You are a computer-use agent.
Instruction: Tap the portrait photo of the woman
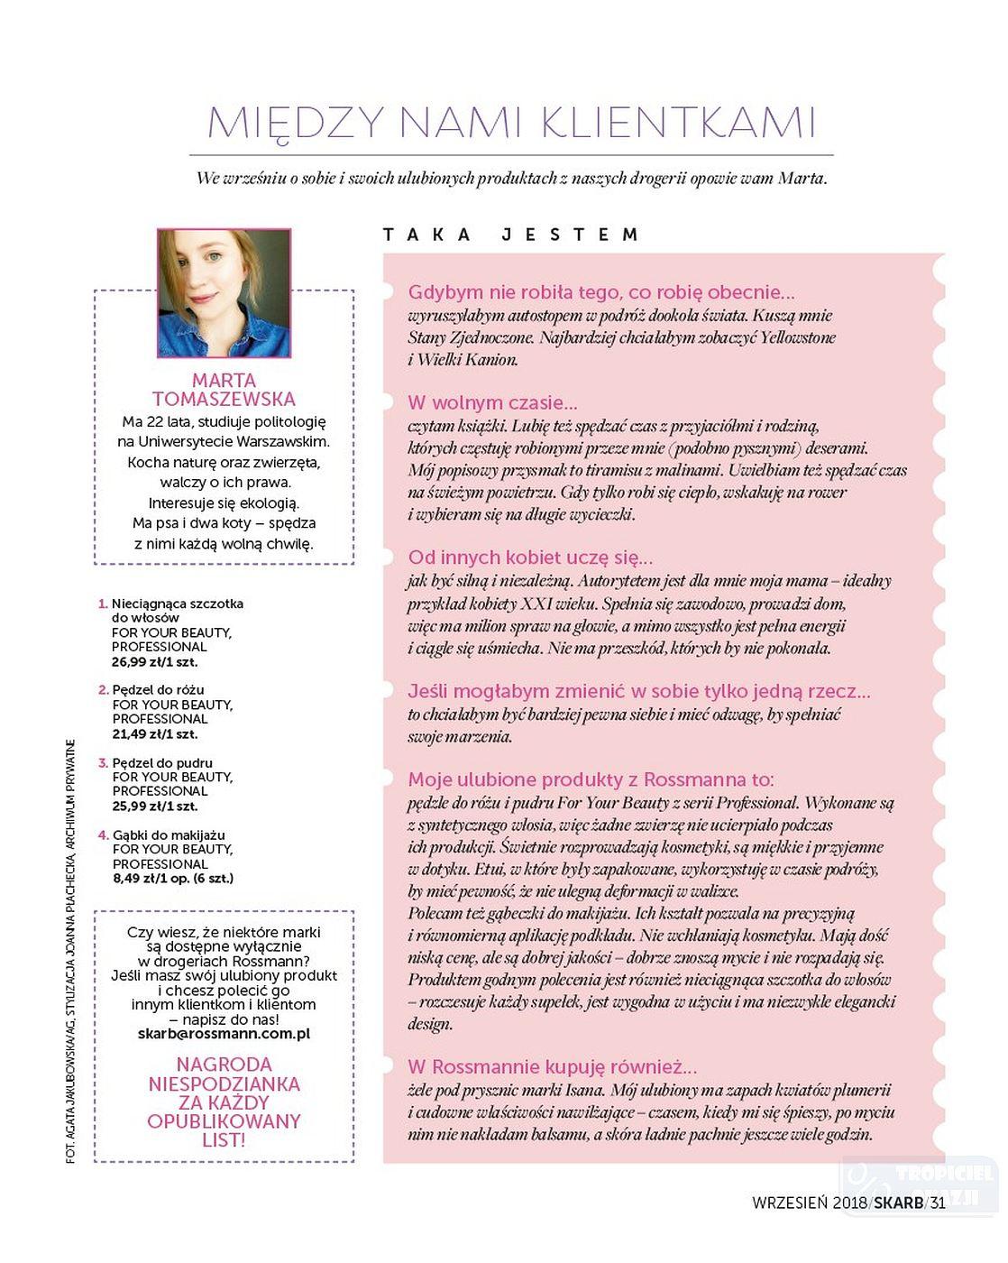point(225,293)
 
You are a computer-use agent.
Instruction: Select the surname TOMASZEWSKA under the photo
point(224,400)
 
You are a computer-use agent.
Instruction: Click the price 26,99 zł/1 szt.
point(154,662)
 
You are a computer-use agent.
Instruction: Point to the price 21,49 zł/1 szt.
point(154,734)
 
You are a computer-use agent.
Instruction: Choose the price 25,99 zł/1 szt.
point(154,807)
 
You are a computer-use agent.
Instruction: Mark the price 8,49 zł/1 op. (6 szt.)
point(172,878)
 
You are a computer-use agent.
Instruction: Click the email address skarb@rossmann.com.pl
point(224,1034)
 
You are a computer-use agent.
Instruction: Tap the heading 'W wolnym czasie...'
point(492,403)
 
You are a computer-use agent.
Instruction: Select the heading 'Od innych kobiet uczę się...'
point(530,558)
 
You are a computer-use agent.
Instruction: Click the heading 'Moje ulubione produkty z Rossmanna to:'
point(591,780)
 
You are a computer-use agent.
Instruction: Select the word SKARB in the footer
point(898,1202)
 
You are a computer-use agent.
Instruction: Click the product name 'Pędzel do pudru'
point(163,763)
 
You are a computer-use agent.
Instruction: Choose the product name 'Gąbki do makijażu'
point(169,835)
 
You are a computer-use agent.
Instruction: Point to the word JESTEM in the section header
point(570,235)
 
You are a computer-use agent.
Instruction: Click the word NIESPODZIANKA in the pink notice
point(224,1083)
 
